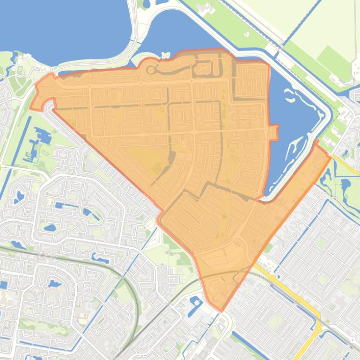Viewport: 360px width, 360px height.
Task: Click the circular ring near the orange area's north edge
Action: tap(151, 71)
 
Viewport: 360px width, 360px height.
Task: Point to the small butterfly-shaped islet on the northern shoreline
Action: tap(164, 55)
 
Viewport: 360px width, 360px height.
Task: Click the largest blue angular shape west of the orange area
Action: tap(44, 136)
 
